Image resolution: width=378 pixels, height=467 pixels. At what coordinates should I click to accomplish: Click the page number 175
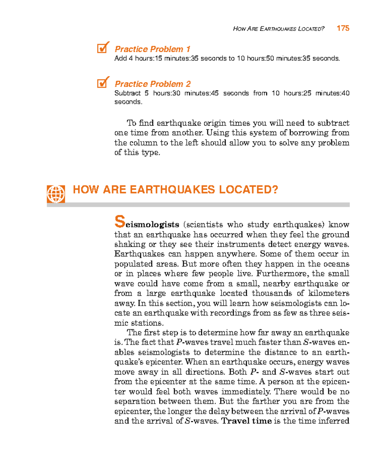[343, 28]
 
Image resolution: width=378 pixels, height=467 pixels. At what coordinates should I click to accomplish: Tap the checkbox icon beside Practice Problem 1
[103, 48]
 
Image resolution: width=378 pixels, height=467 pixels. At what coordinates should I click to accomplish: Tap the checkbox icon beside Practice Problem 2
[103, 82]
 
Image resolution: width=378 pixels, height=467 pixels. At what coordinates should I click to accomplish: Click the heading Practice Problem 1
[152, 49]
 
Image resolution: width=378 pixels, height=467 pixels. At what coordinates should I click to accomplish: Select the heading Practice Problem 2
[152, 84]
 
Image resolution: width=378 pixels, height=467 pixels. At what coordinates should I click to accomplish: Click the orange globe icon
[56, 194]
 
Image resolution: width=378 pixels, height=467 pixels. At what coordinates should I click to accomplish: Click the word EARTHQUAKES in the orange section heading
[172, 190]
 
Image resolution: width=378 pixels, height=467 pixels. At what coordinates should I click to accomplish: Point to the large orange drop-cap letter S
[120, 222]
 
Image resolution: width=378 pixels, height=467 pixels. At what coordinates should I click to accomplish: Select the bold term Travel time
[246, 421]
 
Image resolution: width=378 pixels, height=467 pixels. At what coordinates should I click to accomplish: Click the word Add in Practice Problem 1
[120, 58]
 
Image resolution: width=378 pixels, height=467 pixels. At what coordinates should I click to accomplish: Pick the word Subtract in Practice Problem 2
[127, 93]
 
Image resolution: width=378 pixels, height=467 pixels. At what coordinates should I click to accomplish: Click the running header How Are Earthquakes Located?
[278, 29]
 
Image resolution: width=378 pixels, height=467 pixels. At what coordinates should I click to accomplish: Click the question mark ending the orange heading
[275, 190]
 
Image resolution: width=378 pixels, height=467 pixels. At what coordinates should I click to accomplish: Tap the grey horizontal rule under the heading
[198, 205]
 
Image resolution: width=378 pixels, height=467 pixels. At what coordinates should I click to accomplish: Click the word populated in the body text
[134, 264]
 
